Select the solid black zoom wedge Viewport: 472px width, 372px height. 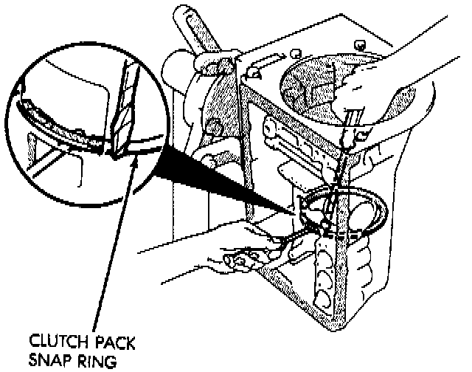221,181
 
